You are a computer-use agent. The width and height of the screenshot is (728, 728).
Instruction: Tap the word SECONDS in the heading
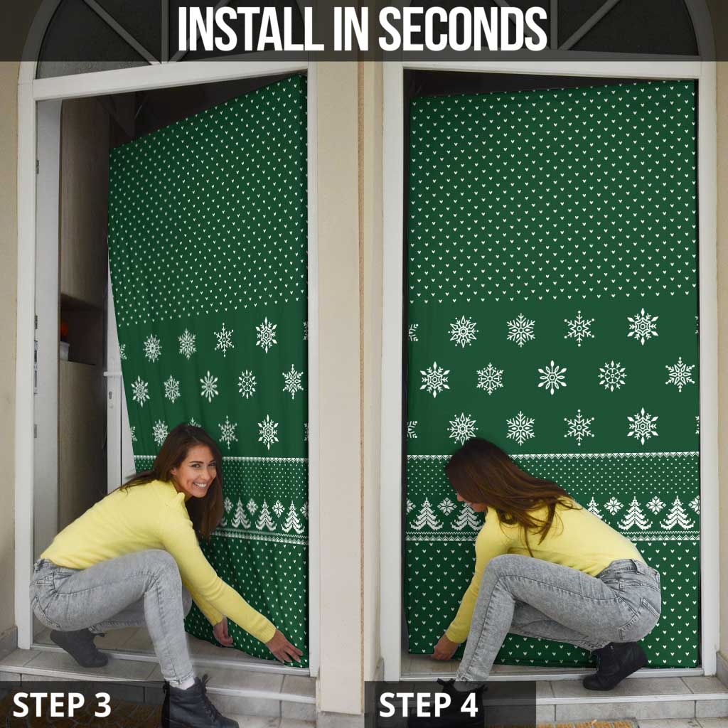tap(463, 28)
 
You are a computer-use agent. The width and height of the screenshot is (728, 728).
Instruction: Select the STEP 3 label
tap(62, 705)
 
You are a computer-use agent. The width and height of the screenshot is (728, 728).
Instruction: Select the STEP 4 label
tap(429, 705)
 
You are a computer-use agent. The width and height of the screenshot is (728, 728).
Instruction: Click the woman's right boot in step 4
tap(616, 665)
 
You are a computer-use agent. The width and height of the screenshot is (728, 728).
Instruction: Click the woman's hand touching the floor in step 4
tap(444, 648)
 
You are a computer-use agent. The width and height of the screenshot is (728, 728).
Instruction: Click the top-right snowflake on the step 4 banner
tap(643, 326)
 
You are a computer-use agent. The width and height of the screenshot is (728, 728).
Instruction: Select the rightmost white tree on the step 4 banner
tap(677, 513)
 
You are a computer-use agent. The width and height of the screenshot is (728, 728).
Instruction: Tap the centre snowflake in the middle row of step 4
tap(552, 377)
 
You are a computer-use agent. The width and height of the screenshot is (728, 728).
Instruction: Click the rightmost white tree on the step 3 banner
tap(292, 518)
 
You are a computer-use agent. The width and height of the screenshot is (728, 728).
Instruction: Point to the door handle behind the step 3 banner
tap(113, 374)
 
